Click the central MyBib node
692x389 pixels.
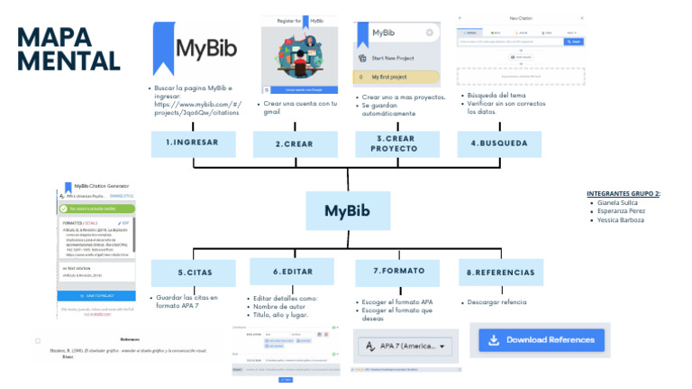[x=348, y=211]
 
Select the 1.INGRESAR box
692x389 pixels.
[x=193, y=144]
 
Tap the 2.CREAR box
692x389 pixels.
[x=294, y=144]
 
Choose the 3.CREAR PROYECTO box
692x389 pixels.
[x=394, y=144]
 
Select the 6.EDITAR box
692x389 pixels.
[x=294, y=272]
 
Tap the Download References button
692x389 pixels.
[x=540, y=340]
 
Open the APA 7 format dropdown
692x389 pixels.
[x=405, y=346]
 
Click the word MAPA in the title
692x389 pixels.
[x=55, y=39]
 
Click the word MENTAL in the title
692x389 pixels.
[x=68, y=61]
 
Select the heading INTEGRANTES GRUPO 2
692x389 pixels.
[x=624, y=193]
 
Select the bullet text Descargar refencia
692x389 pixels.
[x=496, y=301]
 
